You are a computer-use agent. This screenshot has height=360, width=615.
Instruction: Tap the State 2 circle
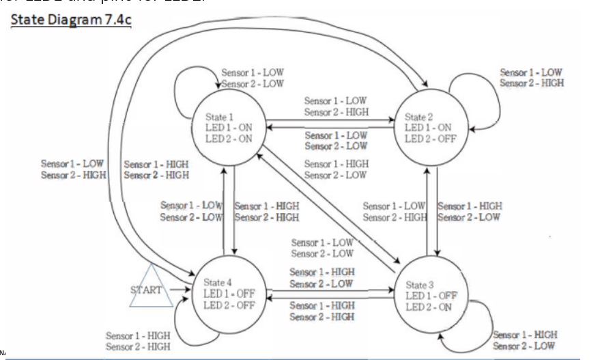tap(429, 127)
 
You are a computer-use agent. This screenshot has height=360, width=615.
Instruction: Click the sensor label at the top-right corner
tap(532, 78)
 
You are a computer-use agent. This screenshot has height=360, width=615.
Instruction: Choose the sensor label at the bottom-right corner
tap(525, 340)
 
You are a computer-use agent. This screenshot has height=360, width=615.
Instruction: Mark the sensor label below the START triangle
tap(138, 341)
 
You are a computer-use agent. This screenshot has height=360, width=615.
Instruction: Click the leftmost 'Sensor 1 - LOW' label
tap(73, 164)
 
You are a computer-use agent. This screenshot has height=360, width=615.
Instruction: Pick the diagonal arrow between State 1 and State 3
tap(328, 205)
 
